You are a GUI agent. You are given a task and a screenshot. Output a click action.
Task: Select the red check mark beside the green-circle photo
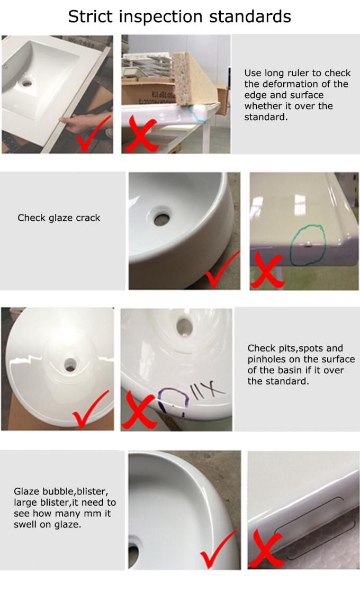(x=219, y=270)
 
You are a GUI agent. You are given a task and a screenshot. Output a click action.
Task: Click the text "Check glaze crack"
(x=59, y=218)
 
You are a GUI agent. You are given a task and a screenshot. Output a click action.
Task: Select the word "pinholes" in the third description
(x=267, y=360)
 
